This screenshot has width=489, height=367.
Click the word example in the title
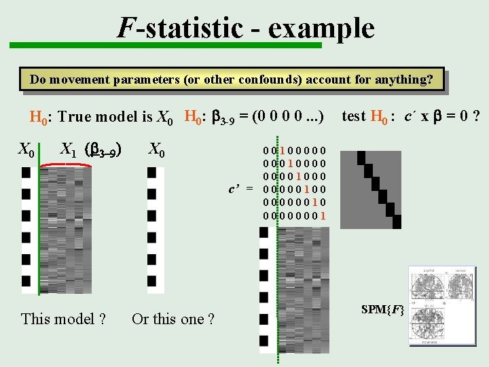(x=321, y=29)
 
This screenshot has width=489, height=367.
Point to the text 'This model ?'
(x=64, y=319)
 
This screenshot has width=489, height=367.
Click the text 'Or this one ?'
(x=173, y=319)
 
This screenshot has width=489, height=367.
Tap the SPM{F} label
(x=383, y=310)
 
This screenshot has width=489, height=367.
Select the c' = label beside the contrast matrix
(x=240, y=188)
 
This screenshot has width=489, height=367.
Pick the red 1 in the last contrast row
(x=323, y=216)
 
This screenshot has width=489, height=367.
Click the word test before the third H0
(x=354, y=116)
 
